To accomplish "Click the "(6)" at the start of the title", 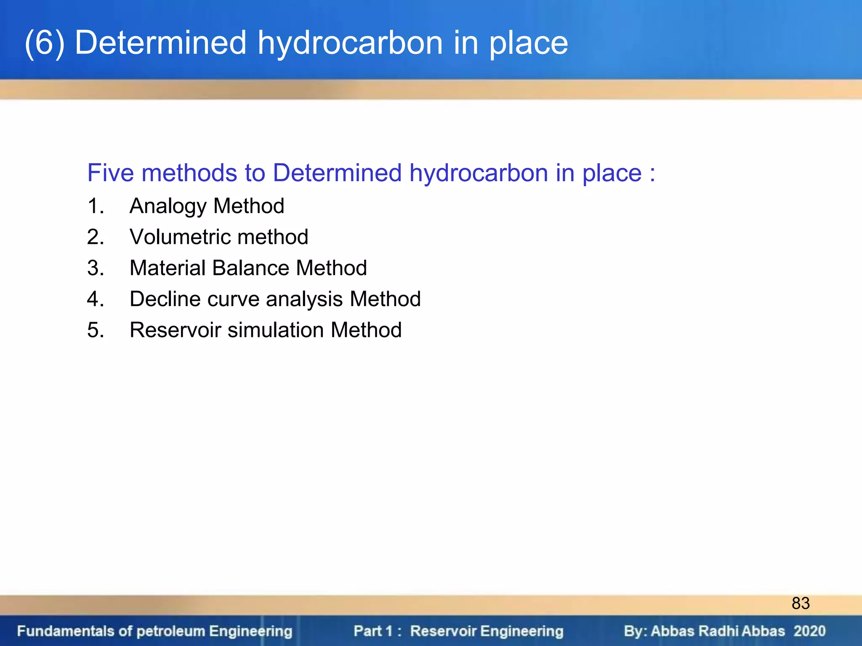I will click(x=45, y=43).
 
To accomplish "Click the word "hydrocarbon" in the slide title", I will click(x=350, y=43).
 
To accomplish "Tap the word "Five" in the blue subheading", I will click(x=111, y=173).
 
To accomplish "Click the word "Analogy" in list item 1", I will click(x=168, y=207).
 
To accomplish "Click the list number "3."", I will click(x=96, y=268).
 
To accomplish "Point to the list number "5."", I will click(x=96, y=330).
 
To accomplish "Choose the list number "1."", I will click(x=96, y=207).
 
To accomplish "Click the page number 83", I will click(x=800, y=603).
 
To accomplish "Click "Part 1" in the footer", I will click(x=373, y=631).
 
